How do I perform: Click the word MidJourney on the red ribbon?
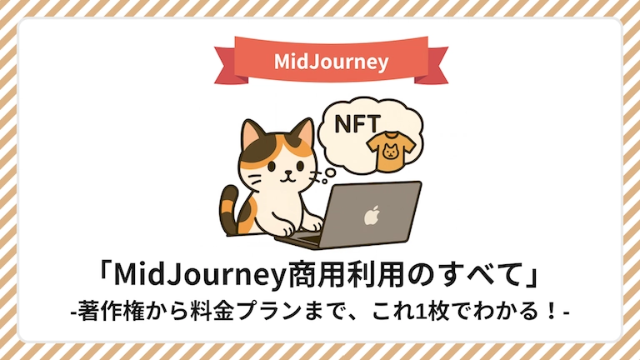331,62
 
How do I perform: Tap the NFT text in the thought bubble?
357,123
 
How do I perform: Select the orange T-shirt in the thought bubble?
391,151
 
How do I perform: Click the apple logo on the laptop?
372,215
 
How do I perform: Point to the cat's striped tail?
229,208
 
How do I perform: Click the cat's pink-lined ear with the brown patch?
252,133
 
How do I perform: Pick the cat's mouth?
288,177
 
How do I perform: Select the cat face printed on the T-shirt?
390,151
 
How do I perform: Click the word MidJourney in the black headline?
199,276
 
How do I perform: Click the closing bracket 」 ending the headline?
534,277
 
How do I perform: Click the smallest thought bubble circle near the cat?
324,181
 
